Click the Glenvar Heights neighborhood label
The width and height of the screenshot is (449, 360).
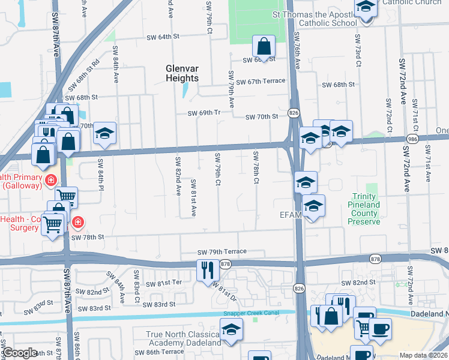[x=182, y=73]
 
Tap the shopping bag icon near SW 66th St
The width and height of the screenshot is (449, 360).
[x=264, y=46]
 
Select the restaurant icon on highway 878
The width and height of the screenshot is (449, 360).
[x=205, y=270]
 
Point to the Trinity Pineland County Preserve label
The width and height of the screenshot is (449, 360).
[x=364, y=209]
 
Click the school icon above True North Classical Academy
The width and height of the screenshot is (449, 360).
[x=231, y=330]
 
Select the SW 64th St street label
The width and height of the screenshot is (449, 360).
[x=163, y=37]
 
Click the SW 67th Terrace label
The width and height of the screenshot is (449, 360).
[x=261, y=82]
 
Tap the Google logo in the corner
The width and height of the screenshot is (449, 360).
[x=19, y=353]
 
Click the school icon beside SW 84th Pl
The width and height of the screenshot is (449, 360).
[x=104, y=134]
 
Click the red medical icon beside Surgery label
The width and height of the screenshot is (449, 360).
[x=77, y=223]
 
